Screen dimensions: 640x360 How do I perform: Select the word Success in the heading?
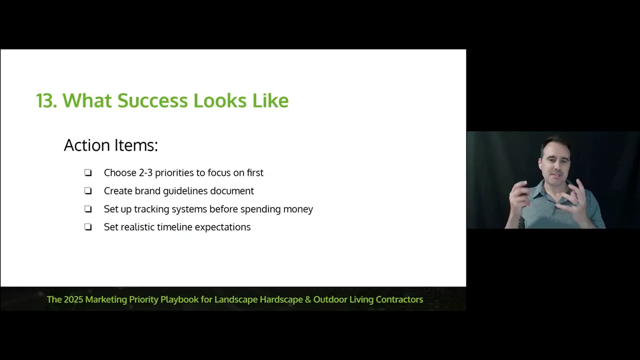[152, 100]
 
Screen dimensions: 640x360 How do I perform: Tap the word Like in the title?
[270, 100]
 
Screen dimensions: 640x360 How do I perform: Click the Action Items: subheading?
[111, 145]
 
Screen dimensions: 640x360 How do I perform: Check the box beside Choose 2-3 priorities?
[88, 172]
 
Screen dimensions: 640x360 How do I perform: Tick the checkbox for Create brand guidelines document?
[88, 190]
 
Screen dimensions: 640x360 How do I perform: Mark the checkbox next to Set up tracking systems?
[88, 209]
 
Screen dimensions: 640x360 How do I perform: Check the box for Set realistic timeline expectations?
[88, 227]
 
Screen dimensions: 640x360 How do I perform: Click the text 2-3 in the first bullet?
[145, 173]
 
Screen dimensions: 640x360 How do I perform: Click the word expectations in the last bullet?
[222, 227]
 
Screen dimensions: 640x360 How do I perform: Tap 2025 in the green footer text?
[73, 299]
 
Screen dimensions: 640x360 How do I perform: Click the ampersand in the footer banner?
[308, 299]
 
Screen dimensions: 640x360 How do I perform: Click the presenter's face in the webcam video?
[556, 165]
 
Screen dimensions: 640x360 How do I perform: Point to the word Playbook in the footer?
[179, 299]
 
